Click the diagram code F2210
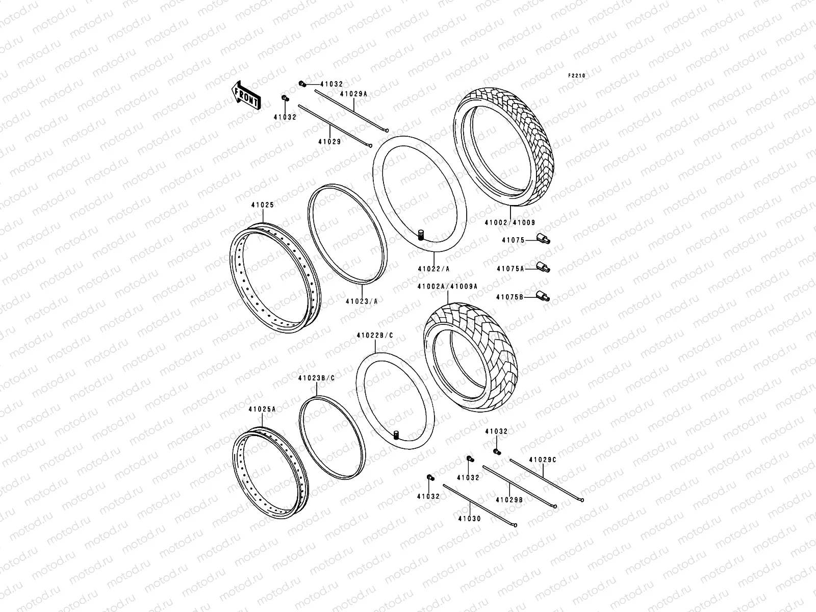pyautogui.click(x=578, y=75)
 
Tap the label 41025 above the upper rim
pyautogui.click(x=262, y=205)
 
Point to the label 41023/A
pyautogui.click(x=361, y=301)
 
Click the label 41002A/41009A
pyautogui.click(x=447, y=287)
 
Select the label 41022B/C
pyautogui.click(x=375, y=336)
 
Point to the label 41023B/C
pyautogui.click(x=316, y=378)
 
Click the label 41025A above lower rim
pyautogui.click(x=262, y=409)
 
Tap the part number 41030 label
pyautogui.click(x=469, y=519)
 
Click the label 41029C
pyautogui.click(x=543, y=460)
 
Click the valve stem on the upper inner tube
pyautogui.click(x=421, y=235)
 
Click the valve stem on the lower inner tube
pyautogui.click(x=396, y=434)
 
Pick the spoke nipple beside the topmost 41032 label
pyautogui.click(x=302, y=84)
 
